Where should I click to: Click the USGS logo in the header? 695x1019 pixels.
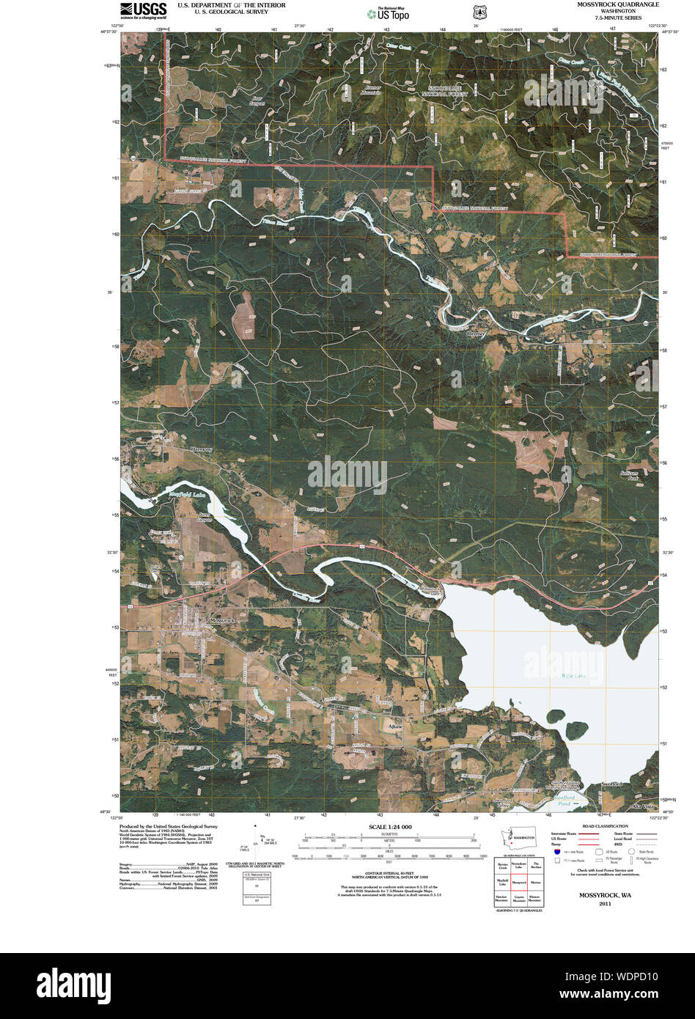click(144, 10)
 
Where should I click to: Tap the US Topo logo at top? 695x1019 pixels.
click(389, 13)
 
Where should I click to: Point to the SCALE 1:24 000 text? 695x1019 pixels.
click(386, 827)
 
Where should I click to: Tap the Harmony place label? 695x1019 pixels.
click(200, 449)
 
